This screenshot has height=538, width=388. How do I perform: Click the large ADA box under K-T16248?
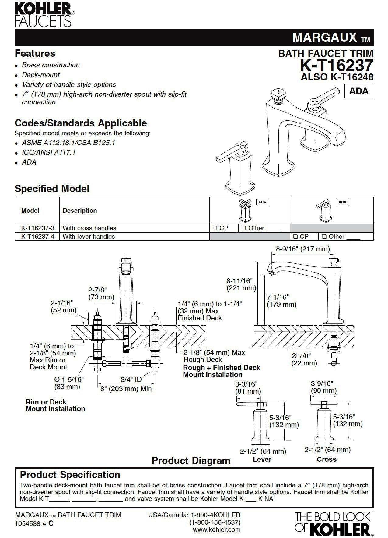[359, 91]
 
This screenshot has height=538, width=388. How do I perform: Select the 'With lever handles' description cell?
[89, 237]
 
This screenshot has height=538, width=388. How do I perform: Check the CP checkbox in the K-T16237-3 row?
[215, 228]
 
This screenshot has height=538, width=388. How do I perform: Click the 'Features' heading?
[35, 53]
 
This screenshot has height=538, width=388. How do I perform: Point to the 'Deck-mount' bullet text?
[41, 75]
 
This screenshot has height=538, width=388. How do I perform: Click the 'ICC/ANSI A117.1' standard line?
[48, 152]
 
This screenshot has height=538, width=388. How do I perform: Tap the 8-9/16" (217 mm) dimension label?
[302, 249]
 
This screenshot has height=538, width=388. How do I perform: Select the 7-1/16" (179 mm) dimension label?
[281, 300]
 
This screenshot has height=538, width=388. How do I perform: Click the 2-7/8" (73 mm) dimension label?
[101, 293]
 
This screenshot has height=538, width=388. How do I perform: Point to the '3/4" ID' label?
[131, 379]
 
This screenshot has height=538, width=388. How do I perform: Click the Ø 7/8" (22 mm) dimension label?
[304, 359]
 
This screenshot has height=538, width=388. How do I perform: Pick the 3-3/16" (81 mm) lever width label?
[248, 387]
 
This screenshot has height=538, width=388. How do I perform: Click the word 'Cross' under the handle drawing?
[327, 459]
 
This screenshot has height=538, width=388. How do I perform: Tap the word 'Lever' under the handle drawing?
[262, 459]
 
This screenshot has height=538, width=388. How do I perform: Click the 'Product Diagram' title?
[191, 461]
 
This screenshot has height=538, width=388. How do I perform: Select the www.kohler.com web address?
[217, 529]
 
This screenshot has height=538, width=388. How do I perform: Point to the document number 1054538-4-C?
[34, 524]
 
